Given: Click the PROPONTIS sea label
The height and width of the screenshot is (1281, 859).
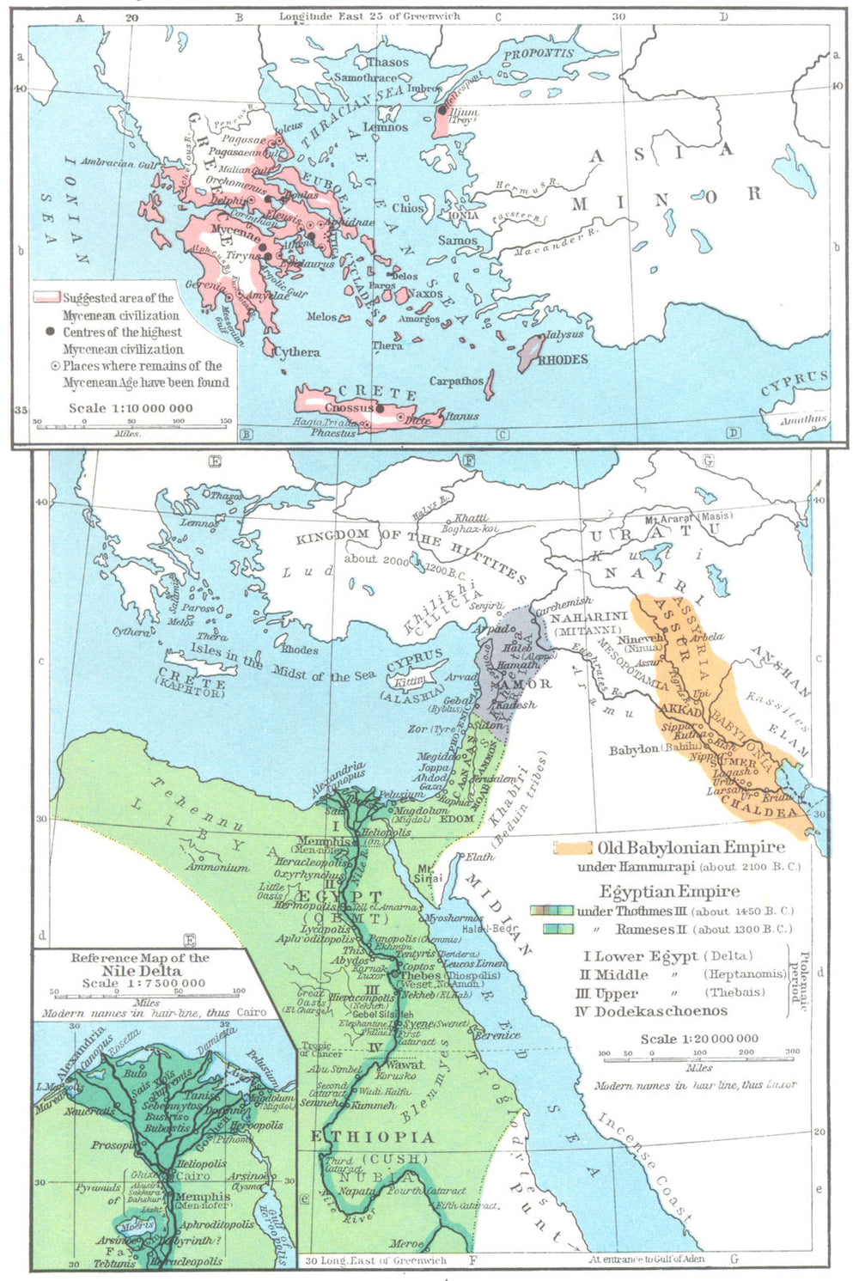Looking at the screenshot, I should coord(539,54).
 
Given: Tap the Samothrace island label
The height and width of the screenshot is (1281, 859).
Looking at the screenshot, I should coord(367,77).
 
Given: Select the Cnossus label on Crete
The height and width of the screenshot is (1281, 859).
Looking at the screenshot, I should coord(349,407).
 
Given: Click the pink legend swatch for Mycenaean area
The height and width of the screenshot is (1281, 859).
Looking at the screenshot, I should coord(46,297).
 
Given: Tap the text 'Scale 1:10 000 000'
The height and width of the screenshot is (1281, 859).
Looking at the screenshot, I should coord(131,408).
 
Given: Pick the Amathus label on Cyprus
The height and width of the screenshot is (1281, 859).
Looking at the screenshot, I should coord(803,419).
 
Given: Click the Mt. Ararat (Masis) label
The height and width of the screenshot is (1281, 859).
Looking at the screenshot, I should coord(689,516).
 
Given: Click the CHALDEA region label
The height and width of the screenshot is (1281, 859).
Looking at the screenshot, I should coord(758,807).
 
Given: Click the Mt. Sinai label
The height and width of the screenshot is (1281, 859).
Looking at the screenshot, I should coord(430,873).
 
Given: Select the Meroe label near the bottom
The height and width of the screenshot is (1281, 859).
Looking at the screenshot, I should coord(405,1242).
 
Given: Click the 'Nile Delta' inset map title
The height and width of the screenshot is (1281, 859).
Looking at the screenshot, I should coord(139,970).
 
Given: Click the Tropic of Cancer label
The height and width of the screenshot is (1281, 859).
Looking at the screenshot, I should coord(317,1049).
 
